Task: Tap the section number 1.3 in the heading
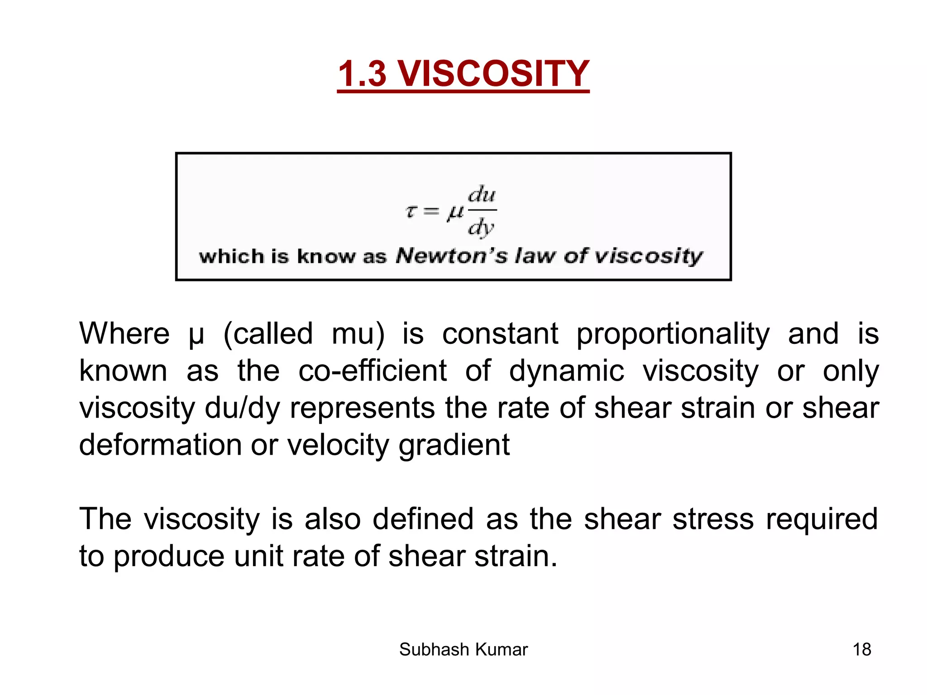[362, 74]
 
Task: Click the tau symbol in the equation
[411, 211]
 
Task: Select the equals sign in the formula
[431, 211]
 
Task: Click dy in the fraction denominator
[481, 228]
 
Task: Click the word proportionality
[673, 333]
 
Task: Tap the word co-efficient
[373, 371]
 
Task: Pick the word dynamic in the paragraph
[567, 371]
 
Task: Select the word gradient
[454, 445]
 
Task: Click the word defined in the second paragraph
[423, 519]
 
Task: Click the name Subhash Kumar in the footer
[463, 650]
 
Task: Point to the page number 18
[862, 650]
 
